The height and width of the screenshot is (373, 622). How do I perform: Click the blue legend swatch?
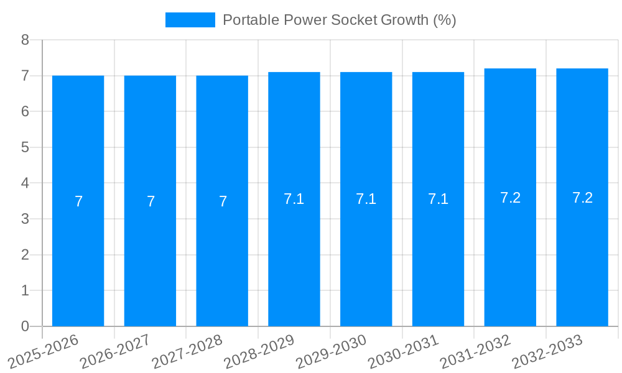pos(190,20)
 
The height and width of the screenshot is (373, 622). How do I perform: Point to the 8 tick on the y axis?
pos(25,40)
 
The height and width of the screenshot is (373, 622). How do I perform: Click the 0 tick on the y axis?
pos(25,326)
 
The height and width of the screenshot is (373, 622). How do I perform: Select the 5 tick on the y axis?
pos(25,147)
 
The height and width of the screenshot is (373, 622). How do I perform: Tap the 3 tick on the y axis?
pos(25,219)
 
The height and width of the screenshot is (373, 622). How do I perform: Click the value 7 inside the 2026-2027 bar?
pos(151,201)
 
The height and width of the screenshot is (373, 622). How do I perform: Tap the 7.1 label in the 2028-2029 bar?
pos(294,199)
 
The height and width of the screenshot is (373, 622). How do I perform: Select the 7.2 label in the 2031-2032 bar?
pos(510,198)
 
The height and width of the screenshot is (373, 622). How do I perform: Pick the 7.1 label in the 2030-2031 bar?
pos(438,199)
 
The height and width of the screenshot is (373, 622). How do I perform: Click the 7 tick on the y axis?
pos(25,76)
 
